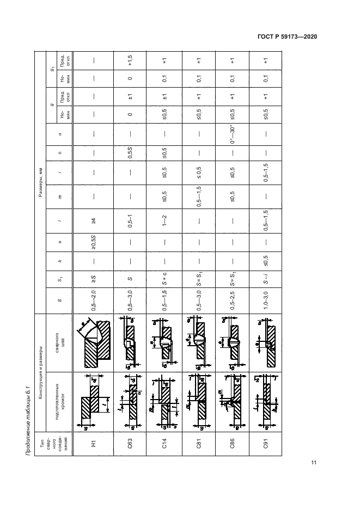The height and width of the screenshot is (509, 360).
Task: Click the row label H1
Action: coord(94,444)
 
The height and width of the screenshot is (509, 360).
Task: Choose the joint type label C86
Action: coord(233,444)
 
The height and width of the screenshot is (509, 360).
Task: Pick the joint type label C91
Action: coord(266,444)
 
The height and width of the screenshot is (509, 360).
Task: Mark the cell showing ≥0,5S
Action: coord(94,242)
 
